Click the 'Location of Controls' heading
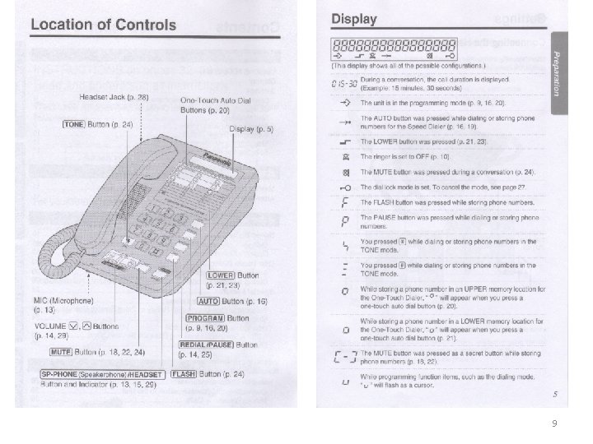[104, 24]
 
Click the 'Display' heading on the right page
[354, 19]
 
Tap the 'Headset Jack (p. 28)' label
[114, 97]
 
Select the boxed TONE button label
[75, 124]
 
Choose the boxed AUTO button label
[212, 302]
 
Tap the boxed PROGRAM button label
[205, 317]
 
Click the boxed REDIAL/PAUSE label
[205, 345]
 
